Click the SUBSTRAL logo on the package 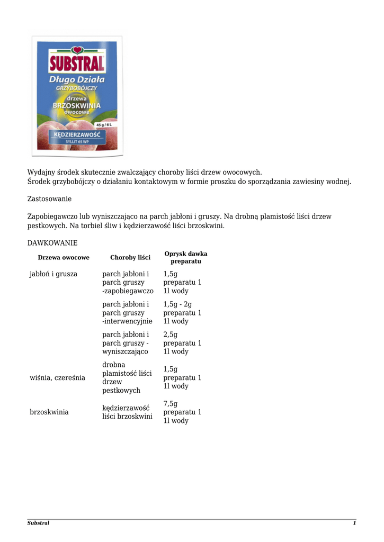(77, 64)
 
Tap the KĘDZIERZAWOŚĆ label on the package (77, 134)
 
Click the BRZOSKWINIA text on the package (77, 105)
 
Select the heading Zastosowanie (49, 199)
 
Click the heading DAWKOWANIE (52, 243)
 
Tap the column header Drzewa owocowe (64, 258)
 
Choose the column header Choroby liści (130, 258)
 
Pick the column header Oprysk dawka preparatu (186, 258)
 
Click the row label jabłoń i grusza (53, 274)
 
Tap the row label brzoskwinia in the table (49, 412)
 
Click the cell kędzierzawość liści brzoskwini (127, 412)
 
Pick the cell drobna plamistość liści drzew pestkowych (127, 378)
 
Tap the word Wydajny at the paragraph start (41, 173)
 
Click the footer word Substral (38, 523)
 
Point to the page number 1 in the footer (354, 523)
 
